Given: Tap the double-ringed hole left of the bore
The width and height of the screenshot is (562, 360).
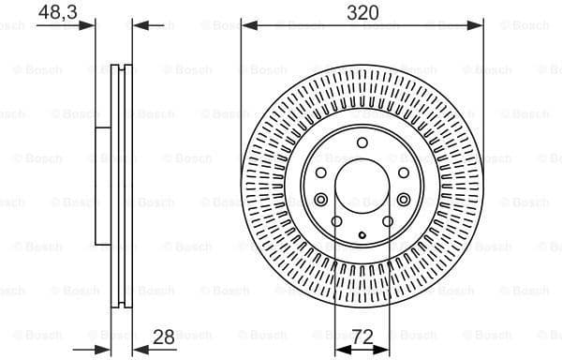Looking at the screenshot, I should click(x=320, y=199).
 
